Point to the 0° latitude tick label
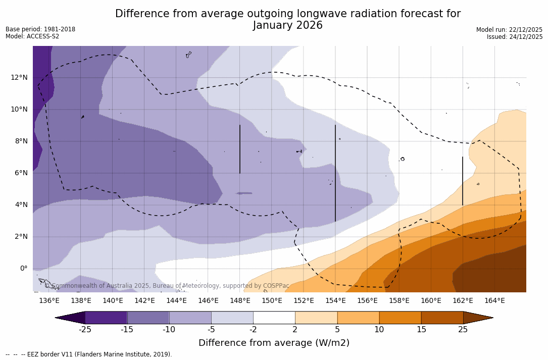(x=23, y=268)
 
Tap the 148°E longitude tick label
(x=240, y=300)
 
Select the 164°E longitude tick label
(x=494, y=300)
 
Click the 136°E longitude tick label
(x=49, y=300)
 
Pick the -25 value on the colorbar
(x=85, y=330)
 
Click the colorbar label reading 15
(x=421, y=330)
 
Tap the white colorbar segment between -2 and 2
(x=274, y=318)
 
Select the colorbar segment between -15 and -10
(x=148, y=318)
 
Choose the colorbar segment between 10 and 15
(x=400, y=318)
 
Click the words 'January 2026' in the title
(x=287, y=25)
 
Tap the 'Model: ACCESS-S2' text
(x=32, y=36)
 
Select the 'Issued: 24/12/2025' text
(x=515, y=37)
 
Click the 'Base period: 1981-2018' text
(x=40, y=29)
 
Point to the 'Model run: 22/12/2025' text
(x=509, y=30)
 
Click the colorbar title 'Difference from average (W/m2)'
(x=274, y=343)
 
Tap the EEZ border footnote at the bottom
(x=89, y=354)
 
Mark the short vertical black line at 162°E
(x=463, y=181)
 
